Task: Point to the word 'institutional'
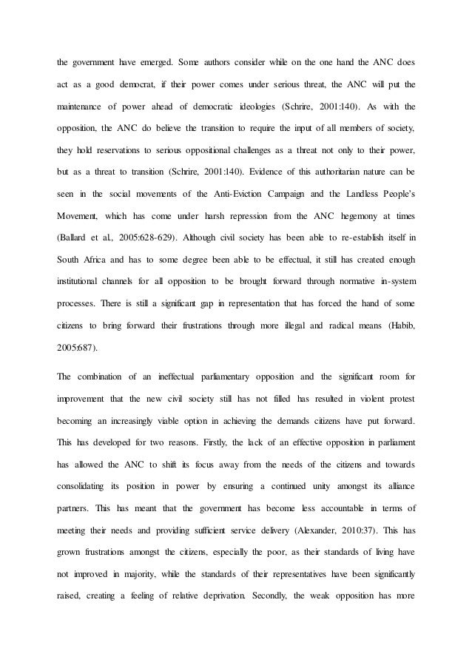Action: tap(83, 261)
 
